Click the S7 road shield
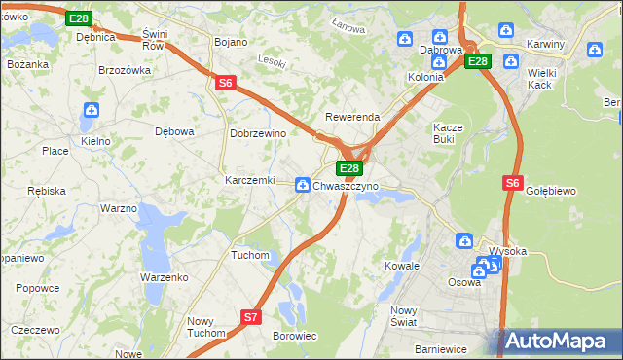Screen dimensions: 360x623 click(251, 316)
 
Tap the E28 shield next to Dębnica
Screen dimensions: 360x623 click(80, 18)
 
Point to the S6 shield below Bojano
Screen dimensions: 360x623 click(225, 84)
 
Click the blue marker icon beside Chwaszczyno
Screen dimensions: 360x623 click(303, 184)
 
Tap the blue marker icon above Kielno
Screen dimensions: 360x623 click(92, 111)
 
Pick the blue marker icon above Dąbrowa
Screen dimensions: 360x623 click(406, 39)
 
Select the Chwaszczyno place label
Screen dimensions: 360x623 click(346, 185)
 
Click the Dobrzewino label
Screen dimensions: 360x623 click(257, 133)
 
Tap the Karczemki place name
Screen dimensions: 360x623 click(250, 181)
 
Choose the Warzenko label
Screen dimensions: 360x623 click(164, 277)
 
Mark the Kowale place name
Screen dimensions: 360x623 click(402, 265)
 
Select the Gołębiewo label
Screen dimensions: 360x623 click(552, 191)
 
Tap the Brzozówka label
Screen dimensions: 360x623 click(125, 70)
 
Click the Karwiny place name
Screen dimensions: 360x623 click(548, 46)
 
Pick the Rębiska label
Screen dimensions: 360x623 click(48, 190)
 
